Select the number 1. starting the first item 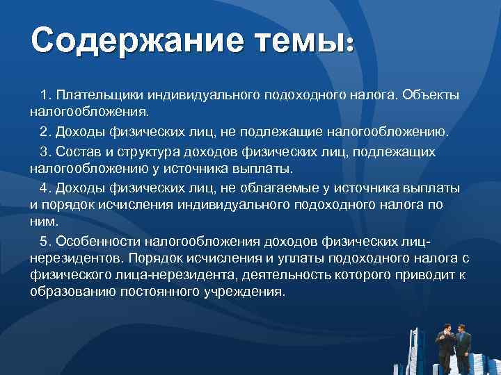click(47, 93)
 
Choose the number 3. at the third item click(47, 151)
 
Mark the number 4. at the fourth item click(47, 187)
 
